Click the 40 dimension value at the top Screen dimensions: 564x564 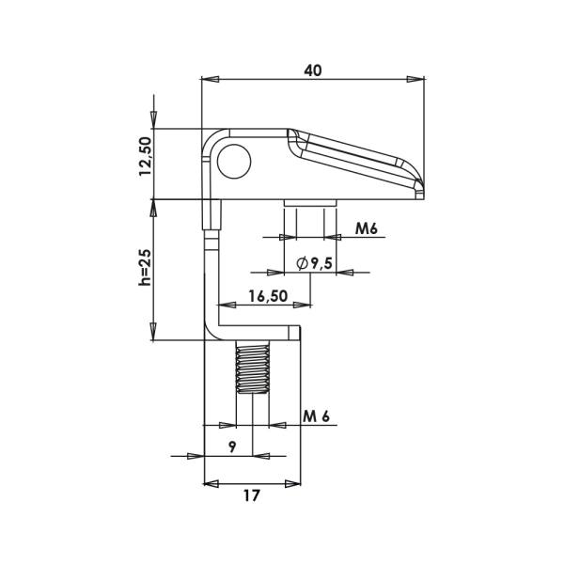pyautogui.click(x=313, y=70)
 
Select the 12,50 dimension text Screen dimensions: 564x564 pyautogui.click(x=146, y=156)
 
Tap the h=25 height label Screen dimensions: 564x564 pyautogui.click(x=146, y=267)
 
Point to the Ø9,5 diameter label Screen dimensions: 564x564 pyautogui.click(x=314, y=263)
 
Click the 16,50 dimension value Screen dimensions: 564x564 pyautogui.click(x=268, y=296)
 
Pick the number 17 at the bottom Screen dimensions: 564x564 pyautogui.click(x=251, y=495)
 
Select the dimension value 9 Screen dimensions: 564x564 pyautogui.click(x=233, y=447)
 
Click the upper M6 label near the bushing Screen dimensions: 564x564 pyautogui.click(x=367, y=228)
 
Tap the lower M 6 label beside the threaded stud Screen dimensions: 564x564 pyautogui.click(x=316, y=416)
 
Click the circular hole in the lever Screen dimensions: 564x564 pyautogui.click(x=234, y=161)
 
